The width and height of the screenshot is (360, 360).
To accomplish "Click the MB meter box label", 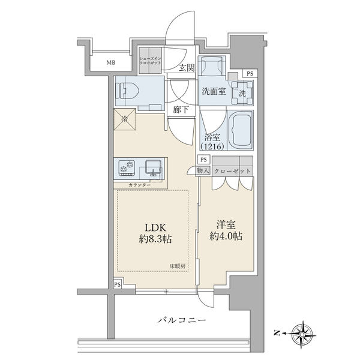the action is tap(111, 62).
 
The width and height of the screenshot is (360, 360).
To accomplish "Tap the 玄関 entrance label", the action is tap(187, 68).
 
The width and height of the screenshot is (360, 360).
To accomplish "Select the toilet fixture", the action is tap(127, 91).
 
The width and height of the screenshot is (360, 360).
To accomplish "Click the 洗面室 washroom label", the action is tap(214, 91).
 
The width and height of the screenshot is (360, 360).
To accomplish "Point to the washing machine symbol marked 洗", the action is tap(242, 93).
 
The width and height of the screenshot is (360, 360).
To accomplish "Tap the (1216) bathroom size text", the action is tap(212, 146).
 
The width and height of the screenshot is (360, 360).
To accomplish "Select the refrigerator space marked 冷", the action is tap(125, 119).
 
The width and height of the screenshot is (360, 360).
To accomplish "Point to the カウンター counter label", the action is tap(140, 185).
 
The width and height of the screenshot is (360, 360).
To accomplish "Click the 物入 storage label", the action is tap(203, 170).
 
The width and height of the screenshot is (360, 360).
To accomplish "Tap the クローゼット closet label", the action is tap(232, 171).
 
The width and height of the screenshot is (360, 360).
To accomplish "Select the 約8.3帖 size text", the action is tap(155, 239).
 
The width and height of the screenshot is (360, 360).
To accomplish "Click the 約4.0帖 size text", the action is tap(226, 236).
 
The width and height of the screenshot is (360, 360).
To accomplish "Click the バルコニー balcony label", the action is tap(182, 320).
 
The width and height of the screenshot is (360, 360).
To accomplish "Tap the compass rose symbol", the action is tap(302, 332).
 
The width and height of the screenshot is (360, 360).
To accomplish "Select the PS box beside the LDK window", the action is tap(118, 284).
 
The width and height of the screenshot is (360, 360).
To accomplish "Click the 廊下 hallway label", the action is tap(181, 110).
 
